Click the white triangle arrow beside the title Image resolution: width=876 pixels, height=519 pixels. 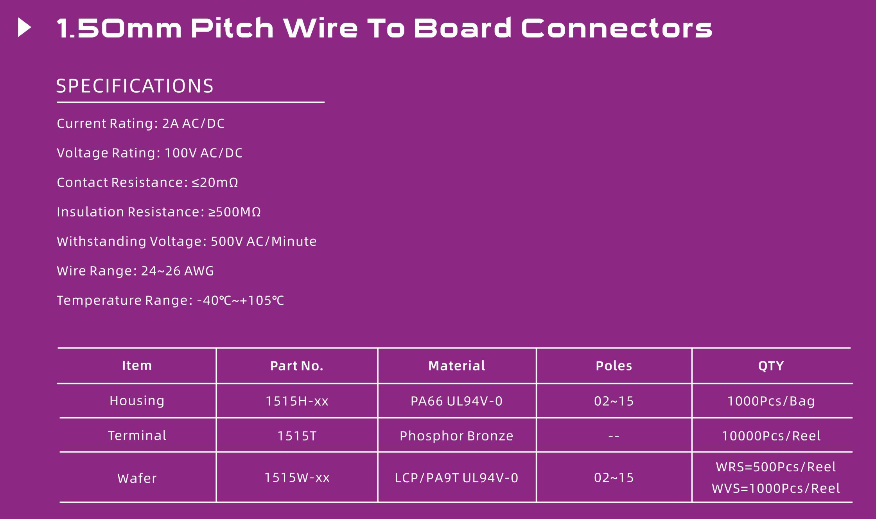[24, 28]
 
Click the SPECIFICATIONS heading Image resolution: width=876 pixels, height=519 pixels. [135, 86]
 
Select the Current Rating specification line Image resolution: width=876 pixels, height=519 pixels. [141, 123]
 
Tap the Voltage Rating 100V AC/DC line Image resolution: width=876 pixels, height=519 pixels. [150, 153]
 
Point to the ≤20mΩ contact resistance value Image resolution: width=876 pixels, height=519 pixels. [215, 183]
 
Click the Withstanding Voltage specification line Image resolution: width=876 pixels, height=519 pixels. [187, 242]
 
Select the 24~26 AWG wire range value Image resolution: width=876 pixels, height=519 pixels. [178, 271]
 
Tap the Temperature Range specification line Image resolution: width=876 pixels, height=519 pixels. [171, 301]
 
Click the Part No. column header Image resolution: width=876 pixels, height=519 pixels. [297, 366]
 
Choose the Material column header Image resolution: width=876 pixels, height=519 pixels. [457, 366]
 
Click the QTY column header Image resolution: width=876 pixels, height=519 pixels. [771, 366]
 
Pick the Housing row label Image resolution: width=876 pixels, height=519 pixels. [137, 401]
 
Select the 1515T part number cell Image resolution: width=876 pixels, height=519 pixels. [297, 436]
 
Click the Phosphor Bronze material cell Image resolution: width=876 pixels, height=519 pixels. [456, 436]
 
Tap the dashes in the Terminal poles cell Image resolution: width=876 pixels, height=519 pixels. [614, 436]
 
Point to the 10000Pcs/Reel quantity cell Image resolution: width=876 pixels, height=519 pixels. [771, 436]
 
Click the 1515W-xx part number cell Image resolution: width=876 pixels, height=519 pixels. [297, 478]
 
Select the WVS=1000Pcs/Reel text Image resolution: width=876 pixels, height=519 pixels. [776, 489]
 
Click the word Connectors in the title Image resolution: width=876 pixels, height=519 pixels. [617, 29]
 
